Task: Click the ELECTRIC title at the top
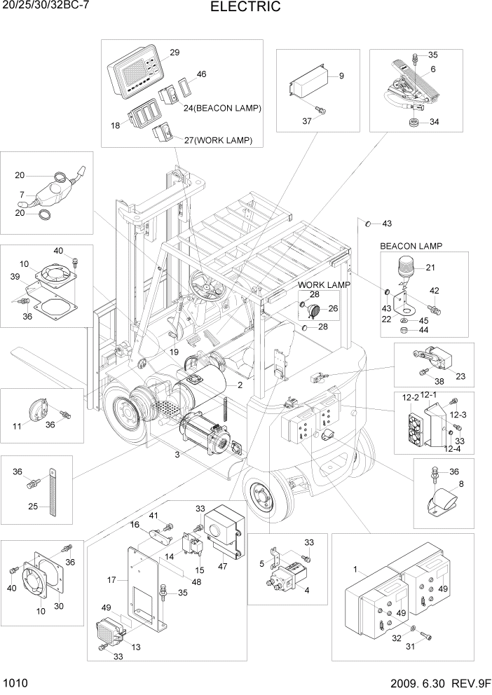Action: point(245,8)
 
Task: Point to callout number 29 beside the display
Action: point(175,53)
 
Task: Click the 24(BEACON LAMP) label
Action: point(222,109)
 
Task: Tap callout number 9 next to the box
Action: point(342,76)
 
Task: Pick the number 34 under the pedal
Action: point(435,122)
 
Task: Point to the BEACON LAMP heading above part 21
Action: point(415,247)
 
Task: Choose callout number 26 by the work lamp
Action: point(333,308)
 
